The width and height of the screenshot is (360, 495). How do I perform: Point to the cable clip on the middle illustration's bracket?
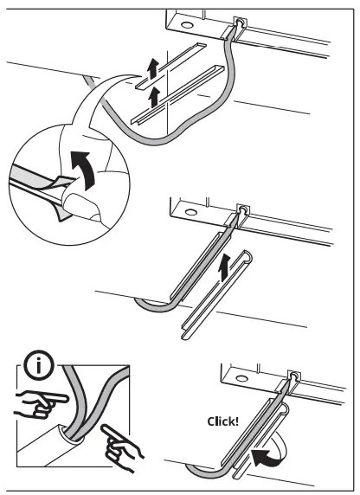[243, 213]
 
